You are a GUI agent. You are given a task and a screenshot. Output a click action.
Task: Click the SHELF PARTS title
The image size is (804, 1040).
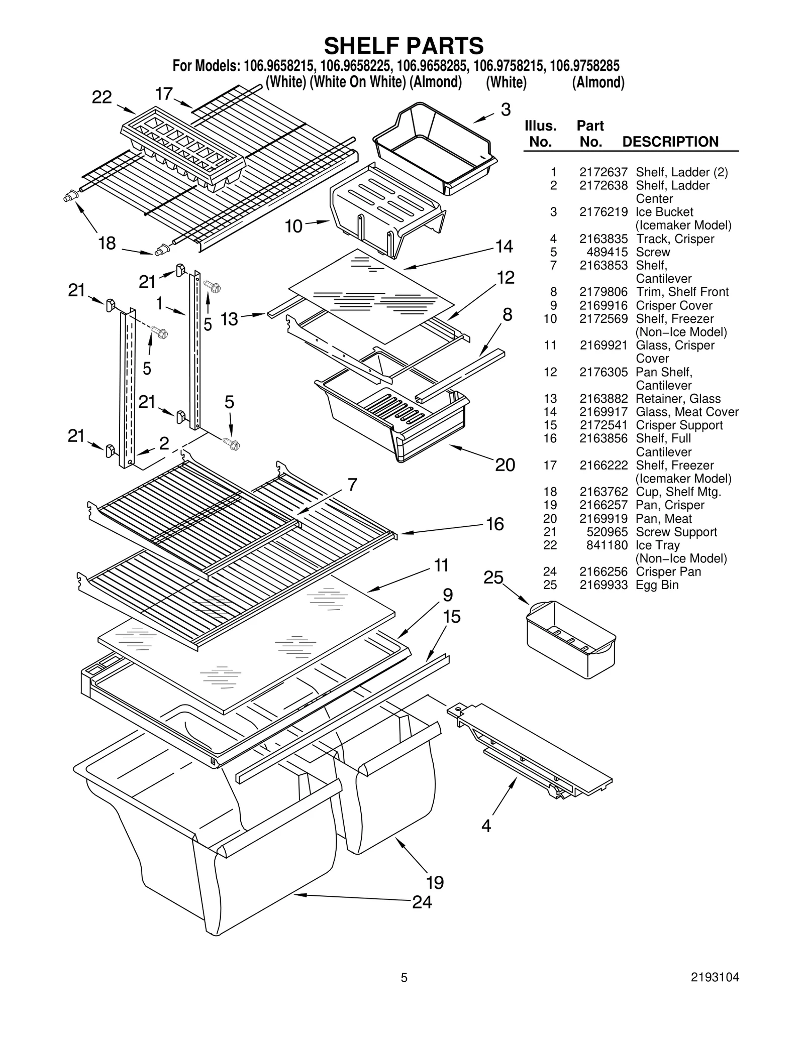404,46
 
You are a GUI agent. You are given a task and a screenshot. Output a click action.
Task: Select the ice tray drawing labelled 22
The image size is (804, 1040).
182,150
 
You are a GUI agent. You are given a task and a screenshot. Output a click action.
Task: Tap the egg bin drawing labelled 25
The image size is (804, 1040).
570,638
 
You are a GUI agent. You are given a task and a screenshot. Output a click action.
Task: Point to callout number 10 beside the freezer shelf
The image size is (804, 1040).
293,226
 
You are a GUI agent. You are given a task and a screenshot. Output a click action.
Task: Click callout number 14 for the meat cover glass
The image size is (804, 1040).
504,246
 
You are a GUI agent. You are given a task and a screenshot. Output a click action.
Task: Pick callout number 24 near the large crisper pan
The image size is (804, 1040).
422,902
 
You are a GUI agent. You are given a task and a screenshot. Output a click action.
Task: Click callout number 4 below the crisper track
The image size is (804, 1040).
486,825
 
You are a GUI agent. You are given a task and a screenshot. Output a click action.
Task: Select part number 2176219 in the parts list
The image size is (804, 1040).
603,212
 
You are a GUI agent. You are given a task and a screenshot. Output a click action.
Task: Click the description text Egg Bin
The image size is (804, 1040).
657,585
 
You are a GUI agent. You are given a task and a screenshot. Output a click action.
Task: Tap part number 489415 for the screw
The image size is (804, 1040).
607,252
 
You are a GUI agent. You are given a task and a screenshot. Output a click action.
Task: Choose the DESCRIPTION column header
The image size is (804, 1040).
670,142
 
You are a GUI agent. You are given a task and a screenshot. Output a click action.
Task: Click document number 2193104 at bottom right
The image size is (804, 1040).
715,977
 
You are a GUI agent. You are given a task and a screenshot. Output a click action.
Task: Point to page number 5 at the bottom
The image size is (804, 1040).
404,977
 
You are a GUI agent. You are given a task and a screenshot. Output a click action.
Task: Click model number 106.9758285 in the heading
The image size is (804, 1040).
584,66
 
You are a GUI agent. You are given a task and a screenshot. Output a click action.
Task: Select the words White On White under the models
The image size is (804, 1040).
357,82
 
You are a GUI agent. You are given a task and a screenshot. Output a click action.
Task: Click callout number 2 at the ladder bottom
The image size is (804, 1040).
164,443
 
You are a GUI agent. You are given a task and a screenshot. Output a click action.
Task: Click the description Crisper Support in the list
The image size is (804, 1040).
679,425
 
